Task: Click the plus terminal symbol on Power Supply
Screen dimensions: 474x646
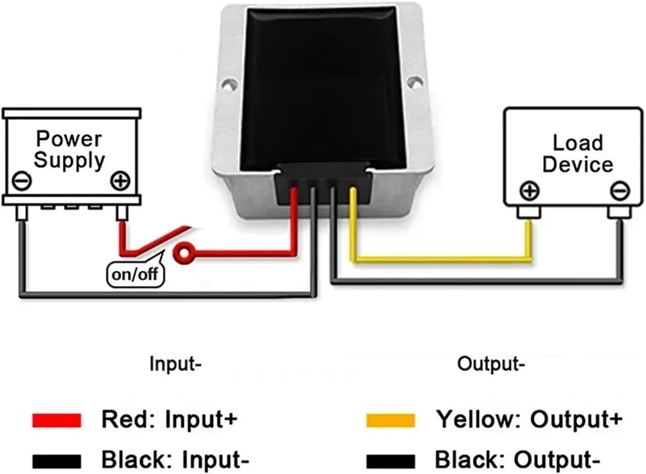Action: [120, 181]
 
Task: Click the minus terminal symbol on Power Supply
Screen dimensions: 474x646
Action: [21, 181]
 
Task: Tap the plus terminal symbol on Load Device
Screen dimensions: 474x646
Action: [529, 191]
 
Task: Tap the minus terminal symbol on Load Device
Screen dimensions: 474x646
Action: [619, 191]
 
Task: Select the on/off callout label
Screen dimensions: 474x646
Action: [135, 274]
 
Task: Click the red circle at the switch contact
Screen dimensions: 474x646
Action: [184, 253]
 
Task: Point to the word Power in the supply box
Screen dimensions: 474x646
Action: [69, 139]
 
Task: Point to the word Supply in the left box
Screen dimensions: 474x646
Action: [69, 160]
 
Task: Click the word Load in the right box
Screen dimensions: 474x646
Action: [577, 143]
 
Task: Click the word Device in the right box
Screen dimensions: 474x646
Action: [577, 164]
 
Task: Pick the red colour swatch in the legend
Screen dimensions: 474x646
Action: [57, 420]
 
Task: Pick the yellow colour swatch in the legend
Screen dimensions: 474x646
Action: [390, 420]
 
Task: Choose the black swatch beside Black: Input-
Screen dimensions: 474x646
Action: [57, 461]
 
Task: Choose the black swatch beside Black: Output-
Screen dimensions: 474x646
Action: [390, 461]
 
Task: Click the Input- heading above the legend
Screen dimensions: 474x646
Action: [175, 364]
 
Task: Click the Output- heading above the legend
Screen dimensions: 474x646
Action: [491, 364]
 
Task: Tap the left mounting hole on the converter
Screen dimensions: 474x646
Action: [230, 84]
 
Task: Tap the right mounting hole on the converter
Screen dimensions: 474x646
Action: [414, 82]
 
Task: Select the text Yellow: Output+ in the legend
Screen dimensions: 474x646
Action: [529, 419]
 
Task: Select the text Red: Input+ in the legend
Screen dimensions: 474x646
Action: [169, 419]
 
